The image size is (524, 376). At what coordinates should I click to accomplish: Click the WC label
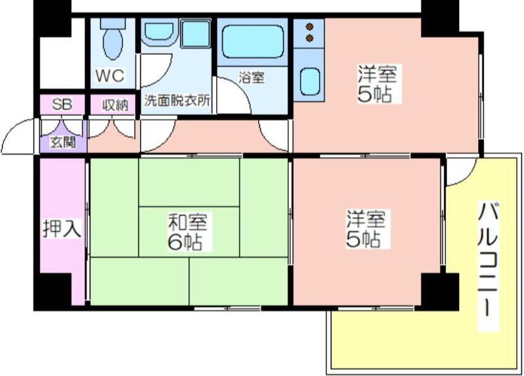(x=110, y=75)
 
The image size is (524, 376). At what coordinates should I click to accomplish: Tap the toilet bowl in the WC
(x=113, y=43)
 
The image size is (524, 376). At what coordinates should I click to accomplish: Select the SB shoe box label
(x=62, y=104)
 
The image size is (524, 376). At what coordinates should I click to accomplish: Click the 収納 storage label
(x=115, y=105)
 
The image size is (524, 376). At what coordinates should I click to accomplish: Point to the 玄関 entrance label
(x=63, y=142)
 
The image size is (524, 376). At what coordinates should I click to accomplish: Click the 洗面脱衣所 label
(x=177, y=100)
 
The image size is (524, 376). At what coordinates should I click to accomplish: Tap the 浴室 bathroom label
(x=252, y=77)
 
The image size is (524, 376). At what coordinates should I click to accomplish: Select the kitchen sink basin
(x=310, y=81)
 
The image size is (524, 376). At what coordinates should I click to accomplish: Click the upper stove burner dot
(x=310, y=26)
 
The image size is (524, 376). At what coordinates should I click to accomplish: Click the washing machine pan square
(x=195, y=33)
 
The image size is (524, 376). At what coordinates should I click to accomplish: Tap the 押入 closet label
(x=62, y=228)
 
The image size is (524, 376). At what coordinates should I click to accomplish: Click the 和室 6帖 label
(x=187, y=232)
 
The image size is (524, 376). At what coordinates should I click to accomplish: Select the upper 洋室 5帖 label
(x=377, y=84)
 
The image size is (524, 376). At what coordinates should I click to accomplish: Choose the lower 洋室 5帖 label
(x=365, y=229)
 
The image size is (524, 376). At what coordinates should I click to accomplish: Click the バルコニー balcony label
(x=487, y=259)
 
